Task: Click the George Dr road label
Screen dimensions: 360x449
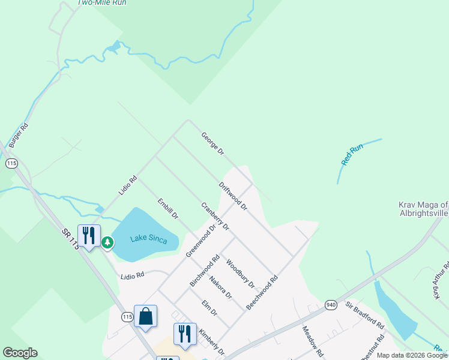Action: click(212, 144)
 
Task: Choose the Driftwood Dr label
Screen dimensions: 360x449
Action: click(234, 196)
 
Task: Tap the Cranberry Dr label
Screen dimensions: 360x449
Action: click(215, 216)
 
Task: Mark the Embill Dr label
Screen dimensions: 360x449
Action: click(168, 208)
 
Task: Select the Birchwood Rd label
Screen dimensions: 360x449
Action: click(205, 271)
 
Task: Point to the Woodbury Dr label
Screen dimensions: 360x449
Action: click(240, 273)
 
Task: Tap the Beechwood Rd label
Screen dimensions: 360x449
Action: click(262, 292)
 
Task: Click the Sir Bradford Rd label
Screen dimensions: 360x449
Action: click(364, 314)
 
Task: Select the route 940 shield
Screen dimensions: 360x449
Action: click(330, 304)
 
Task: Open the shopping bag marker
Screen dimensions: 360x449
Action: click(146, 316)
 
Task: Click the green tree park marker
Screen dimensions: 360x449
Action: click(107, 242)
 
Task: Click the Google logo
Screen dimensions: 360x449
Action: click(20, 353)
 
